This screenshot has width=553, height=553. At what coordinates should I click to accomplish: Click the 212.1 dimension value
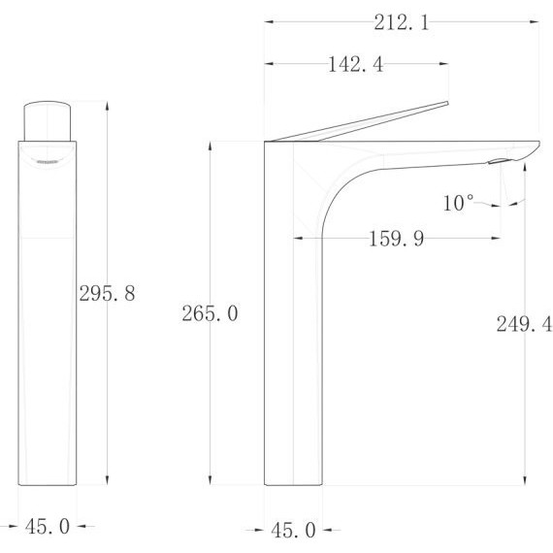coord(402,22)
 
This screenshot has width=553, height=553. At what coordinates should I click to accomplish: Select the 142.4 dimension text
coord(355,65)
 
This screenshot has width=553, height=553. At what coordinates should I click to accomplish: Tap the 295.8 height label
coord(107,293)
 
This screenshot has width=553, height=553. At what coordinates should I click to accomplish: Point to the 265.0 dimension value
coord(210,313)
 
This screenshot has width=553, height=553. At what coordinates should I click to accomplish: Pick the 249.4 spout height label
coord(524,324)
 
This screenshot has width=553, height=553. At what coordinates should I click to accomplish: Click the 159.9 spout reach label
coord(396,239)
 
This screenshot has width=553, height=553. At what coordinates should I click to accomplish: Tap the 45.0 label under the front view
coord(48,527)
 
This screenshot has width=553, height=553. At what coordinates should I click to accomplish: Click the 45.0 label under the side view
coord(293,530)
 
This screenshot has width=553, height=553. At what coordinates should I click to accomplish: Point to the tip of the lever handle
coord(447,103)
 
